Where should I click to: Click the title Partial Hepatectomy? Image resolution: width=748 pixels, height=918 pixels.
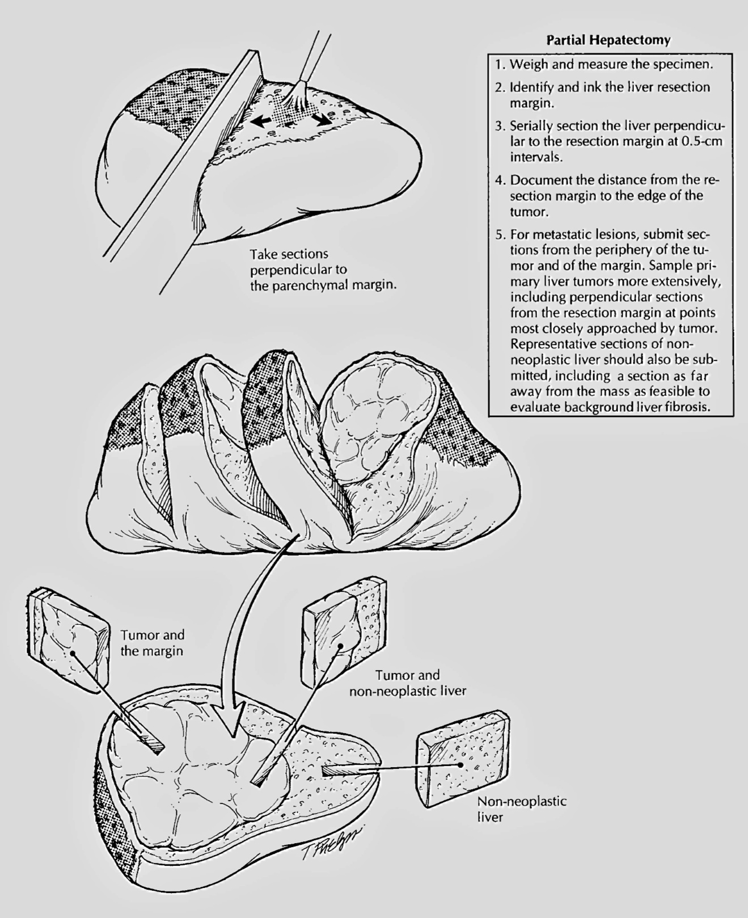(608, 40)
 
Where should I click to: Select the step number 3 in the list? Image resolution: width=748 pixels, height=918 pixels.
(499, 126)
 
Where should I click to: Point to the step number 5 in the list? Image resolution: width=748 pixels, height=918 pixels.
(499, 234)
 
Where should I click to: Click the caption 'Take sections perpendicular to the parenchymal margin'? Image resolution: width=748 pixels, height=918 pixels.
(323, 269)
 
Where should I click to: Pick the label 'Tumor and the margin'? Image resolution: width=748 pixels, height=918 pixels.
(152, 643)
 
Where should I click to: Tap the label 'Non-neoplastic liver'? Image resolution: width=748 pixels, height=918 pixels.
(522, 810)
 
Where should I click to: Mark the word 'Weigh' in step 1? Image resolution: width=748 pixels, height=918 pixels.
(529, 65)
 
